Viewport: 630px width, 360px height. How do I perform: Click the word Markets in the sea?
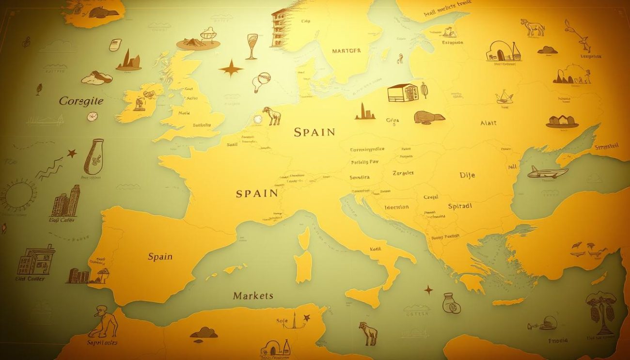tap(253, 296)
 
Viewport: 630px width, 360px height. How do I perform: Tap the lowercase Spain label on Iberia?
tap(160, 256)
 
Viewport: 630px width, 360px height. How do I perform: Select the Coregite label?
tap(81, 101)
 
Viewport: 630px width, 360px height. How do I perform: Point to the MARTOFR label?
tap(346, 50)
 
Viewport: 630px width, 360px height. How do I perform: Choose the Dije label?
tap(467, 175)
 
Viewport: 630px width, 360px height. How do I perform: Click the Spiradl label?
tap(460, 206)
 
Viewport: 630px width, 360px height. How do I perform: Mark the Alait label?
tap(488, 123)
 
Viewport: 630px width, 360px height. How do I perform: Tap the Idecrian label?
tap(396, 207)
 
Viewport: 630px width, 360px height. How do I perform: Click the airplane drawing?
tap(547, 172)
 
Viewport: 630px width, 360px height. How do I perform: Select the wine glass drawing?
tap(252, 46)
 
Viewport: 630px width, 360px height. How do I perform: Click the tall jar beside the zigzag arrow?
tap(94, 156)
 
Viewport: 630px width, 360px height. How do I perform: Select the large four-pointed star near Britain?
tap(231, 68)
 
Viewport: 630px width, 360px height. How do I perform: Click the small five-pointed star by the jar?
tap(72, 154)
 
